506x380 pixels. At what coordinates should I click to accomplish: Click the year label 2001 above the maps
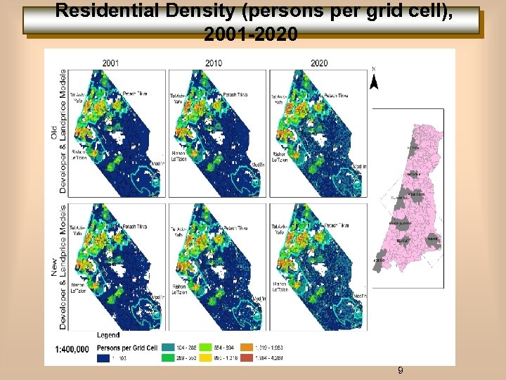[x=110, y=63]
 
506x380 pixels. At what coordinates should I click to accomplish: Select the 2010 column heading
[x=214, y=63]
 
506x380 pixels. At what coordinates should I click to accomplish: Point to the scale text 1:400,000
[x=72, y=349]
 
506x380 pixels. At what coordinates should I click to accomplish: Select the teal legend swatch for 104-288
[x=169, y=347]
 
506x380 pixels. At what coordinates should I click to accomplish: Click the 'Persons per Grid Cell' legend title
[x=127, y=348]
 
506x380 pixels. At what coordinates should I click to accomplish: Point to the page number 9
[x=400, y=370]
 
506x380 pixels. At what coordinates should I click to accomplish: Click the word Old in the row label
[x=55, y=132]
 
